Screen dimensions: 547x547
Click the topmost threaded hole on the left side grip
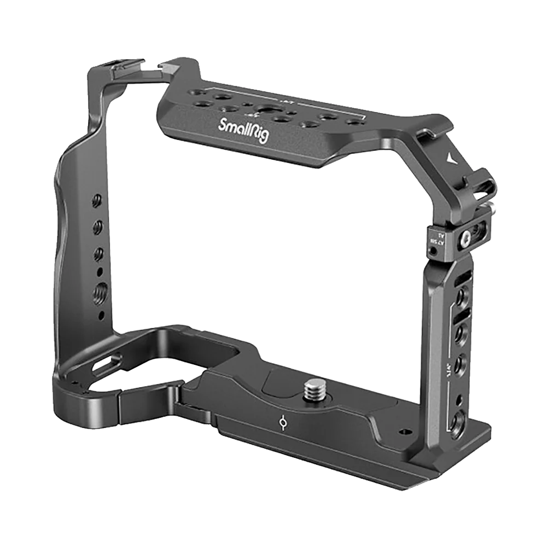pyautogui.click(x=98, y=199)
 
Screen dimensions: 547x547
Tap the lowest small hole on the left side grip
pyautogui.click(x=102, y=316)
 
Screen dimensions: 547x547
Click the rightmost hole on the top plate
pyautogui.click(x=356, y=124)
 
